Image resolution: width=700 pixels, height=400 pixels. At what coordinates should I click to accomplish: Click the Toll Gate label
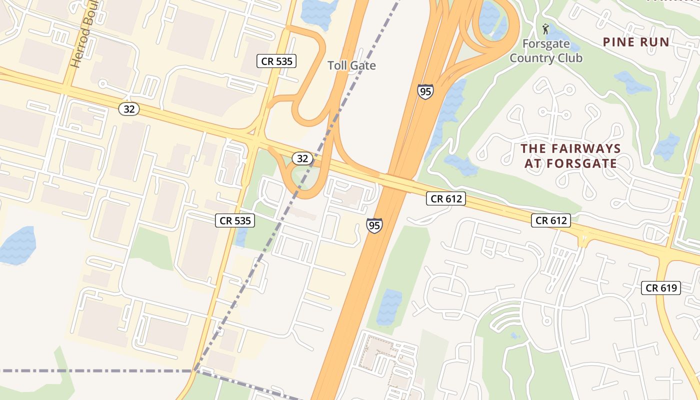click(351, 65)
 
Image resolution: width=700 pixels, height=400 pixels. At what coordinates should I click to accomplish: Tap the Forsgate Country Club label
click(545, 51)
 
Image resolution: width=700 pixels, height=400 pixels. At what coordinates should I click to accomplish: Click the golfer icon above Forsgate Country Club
click(545, 29)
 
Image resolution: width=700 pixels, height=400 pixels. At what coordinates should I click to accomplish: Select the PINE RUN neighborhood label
click(636, 42)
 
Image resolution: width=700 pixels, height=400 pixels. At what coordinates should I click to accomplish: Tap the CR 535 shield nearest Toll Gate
click(276, 61)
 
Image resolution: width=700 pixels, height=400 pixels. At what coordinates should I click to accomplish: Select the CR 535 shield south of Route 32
click(235, 220)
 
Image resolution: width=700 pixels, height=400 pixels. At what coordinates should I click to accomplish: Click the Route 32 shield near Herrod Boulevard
click(129, 108)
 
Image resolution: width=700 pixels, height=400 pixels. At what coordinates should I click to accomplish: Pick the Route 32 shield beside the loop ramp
click(302, 158)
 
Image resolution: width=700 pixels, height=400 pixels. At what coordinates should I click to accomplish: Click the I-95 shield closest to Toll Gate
click(425, 91)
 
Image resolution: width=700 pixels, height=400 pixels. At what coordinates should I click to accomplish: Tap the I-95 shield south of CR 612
click(374, 225)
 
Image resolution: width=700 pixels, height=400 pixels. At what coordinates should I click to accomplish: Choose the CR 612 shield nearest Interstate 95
click(446, 198)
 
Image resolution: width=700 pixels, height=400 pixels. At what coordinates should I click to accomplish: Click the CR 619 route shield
click(661, 287)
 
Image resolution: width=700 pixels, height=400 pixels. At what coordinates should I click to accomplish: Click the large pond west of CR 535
click(18, 245)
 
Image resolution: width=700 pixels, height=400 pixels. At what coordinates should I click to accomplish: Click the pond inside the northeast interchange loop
click(490, 17)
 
